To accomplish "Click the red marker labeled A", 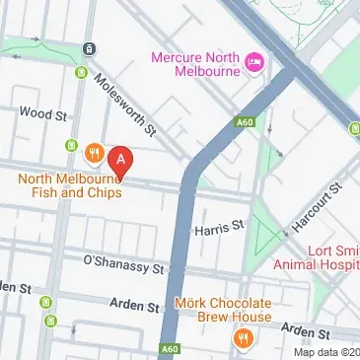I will click(120, 158).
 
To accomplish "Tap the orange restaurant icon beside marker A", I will click(95, 153).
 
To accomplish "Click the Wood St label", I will click(42, 114).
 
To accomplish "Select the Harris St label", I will click(218, 227).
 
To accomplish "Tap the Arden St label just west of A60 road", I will click(128, 307).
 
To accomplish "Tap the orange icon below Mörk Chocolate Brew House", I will click(243, 338).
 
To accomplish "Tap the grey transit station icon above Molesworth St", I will click(89, 48).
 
